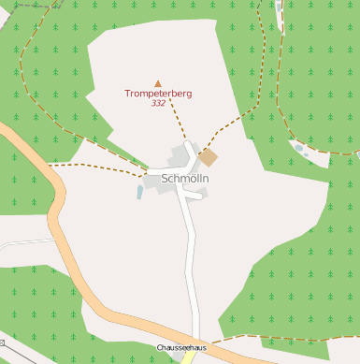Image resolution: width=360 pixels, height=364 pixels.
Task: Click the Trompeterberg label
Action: [x=157, y=94]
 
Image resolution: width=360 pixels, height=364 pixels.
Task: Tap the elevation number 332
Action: [x=157, y=103]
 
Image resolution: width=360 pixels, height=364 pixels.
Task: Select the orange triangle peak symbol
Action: [x=157, y=83]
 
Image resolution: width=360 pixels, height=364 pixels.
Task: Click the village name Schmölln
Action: [x=185, y=178]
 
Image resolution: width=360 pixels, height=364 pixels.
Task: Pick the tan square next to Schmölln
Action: [x=208, y=158]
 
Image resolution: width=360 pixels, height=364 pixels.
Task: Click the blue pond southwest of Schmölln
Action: [x=140, y=192]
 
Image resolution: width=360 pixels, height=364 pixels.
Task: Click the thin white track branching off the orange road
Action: [x=23, y=242]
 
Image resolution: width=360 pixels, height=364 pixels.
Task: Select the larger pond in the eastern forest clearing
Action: [x=298, y=148]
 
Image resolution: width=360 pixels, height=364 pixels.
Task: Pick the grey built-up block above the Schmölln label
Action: [x=179, y=154]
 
